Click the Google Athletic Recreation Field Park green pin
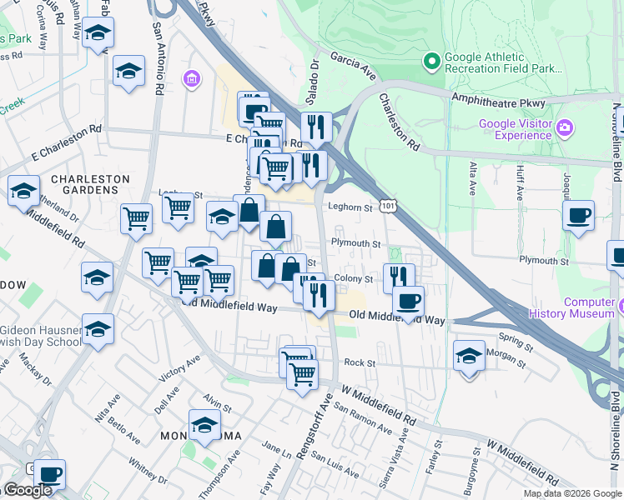click(432, 61)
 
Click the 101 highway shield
click(387, 204)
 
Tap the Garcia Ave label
click(354, 64)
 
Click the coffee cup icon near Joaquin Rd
click(578, 214)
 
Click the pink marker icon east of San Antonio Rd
click(192, 80)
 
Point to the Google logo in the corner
click(28, 490)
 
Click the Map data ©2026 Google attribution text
click(572, 493)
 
